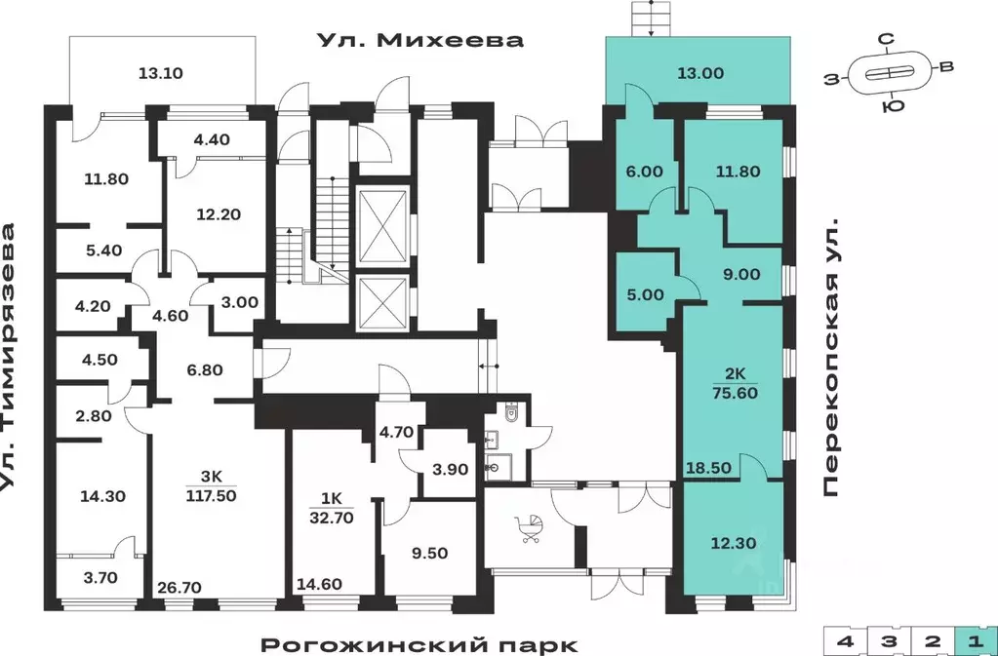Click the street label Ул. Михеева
coord(419,40)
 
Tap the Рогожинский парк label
coord(419,644)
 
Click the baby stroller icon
coord(530,527)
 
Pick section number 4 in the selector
coord(843,641)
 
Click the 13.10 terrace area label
coord(162,72)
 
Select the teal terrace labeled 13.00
coord(700,72)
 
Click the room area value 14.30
coord(102,495)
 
